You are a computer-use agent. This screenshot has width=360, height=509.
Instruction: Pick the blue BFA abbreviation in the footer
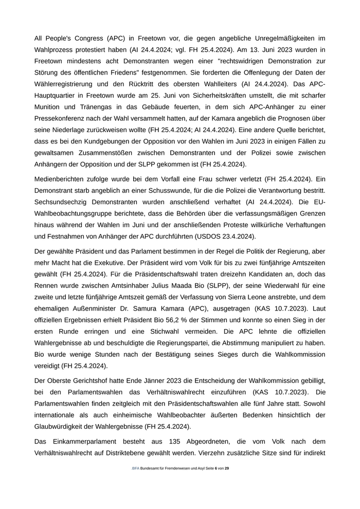tap(135, 468)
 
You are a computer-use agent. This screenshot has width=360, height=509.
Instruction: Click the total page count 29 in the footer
tap(227, 468)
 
